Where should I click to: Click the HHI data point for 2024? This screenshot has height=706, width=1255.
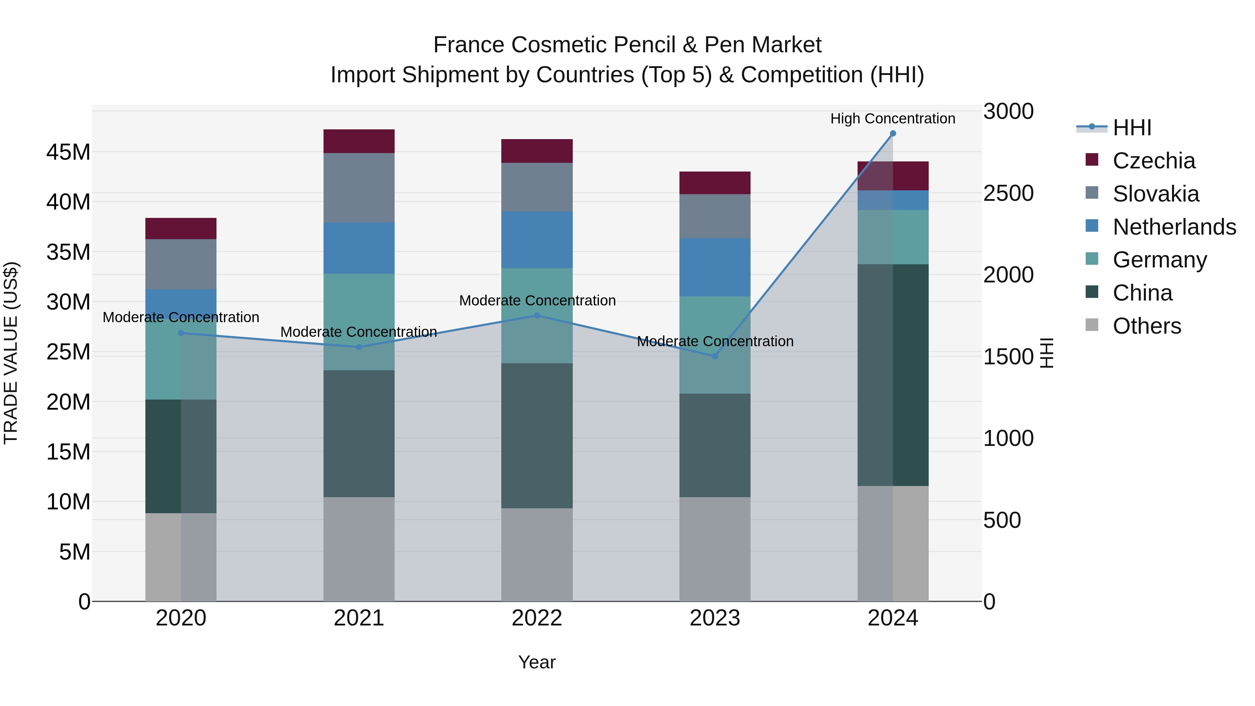[x=892, y=134]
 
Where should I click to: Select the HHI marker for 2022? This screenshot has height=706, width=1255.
[x=537, y=316]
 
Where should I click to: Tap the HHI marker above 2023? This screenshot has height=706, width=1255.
[x=715, y=356]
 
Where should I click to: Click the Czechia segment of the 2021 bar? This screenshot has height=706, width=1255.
[x=359, y=141]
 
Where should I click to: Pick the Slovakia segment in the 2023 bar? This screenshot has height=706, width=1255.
[x=715, y=216]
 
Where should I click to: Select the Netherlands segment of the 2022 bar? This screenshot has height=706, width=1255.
[x=537, y=240]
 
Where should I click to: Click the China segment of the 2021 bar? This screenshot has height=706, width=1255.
[x=359, y=434]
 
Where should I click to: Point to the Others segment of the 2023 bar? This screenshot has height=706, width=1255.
[x=715, y=549]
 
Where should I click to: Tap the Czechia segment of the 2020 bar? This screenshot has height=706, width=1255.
[x=181, y=228]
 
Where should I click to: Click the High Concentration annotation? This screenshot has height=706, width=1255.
[x=892, y=119]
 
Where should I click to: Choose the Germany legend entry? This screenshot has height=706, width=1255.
[x=1159, y=260]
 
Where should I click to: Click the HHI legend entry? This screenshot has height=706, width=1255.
[x=1132, y=128]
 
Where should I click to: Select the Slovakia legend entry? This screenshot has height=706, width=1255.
[x=1155, y=194]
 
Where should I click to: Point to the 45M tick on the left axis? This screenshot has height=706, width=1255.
[x=68, y=152]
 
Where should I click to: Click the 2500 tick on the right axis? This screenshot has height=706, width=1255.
[x=1008, y=193]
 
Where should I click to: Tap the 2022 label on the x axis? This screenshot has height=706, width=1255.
[x=537, y=618]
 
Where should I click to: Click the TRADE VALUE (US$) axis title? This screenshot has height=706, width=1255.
[x=11, y=353]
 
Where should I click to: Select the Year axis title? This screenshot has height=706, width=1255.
[x=537, y=662]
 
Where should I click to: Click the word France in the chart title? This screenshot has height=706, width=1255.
[x=468, y=45]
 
